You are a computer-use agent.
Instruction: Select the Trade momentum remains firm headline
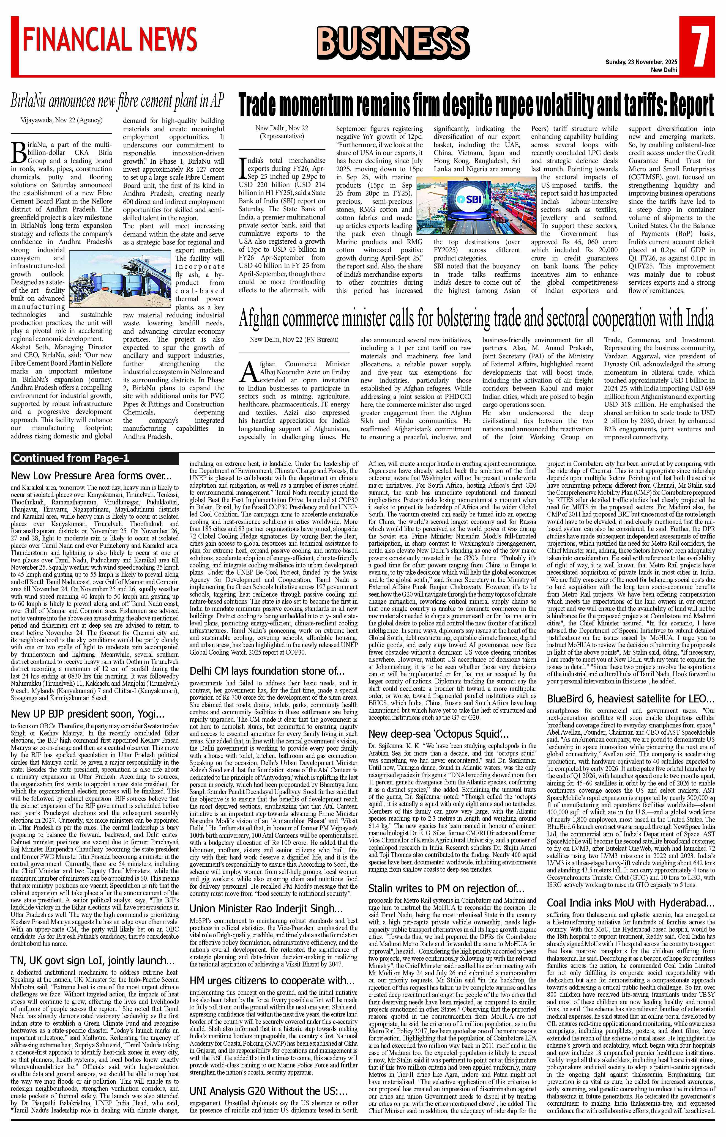(476, 105)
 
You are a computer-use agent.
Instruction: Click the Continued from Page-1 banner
(71, 458)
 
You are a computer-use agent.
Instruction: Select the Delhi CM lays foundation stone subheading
(267, 671)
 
